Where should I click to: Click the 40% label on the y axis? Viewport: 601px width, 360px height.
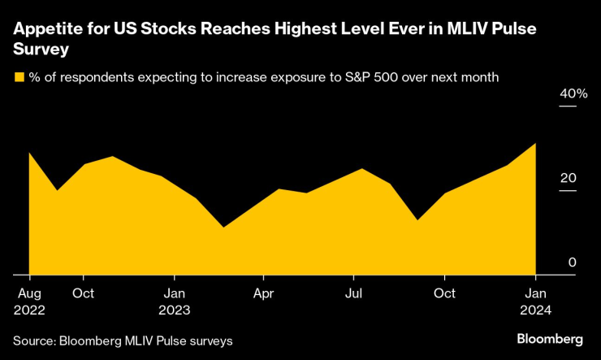coord(573,94)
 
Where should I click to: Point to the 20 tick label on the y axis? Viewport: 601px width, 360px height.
coord(569,178)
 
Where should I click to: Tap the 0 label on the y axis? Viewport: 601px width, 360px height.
coord(573,262)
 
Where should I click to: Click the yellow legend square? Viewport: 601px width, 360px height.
coord(19,78)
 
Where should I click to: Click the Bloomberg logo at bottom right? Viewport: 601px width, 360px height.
coord(550,338)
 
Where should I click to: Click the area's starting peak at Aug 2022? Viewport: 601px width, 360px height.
coord(29,153)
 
